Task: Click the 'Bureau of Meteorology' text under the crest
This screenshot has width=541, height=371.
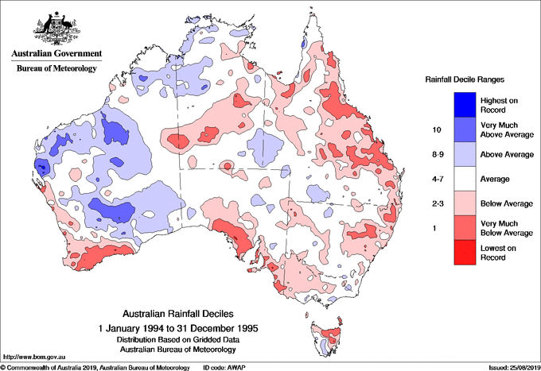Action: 56,69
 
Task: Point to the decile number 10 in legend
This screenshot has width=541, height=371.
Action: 436,129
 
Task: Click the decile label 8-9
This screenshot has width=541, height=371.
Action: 436,154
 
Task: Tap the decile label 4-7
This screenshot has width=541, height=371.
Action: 436,179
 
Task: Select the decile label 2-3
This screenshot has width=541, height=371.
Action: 436,204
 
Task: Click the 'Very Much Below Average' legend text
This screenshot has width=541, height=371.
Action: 505,229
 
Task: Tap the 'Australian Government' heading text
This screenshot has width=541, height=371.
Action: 56,54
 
